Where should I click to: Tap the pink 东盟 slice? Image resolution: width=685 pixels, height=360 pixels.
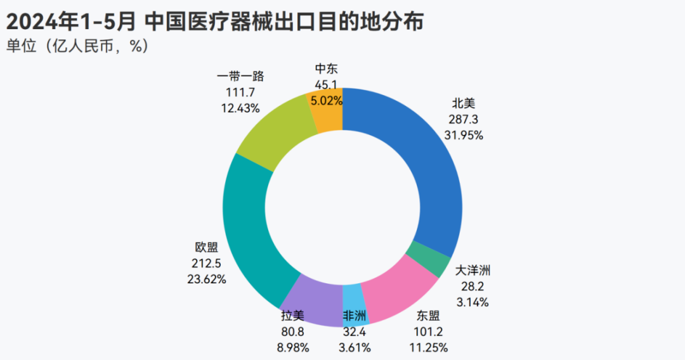point(396,291)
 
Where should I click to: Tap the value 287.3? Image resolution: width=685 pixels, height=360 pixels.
point(464,119)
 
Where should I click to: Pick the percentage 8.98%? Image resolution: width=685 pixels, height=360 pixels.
point(294,347)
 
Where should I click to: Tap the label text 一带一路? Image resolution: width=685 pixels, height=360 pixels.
point(240,76)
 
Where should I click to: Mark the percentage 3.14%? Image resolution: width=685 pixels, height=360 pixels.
point(473,302)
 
